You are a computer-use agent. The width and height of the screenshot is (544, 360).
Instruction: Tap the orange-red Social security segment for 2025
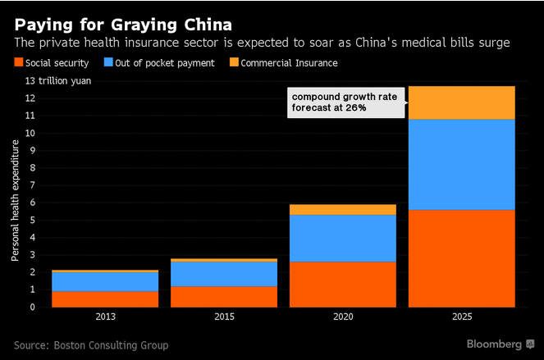(463, 258)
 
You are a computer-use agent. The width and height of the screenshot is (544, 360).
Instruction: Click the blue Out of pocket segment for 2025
(463, 164)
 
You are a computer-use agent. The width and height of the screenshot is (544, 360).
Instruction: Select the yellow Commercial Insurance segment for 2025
(463, 103)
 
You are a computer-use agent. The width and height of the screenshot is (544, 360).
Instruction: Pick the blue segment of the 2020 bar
(344, 238)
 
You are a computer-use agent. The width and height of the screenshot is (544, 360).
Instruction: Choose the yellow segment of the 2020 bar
(344, 209)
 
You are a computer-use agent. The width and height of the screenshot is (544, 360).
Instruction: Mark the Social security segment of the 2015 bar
(224, 297)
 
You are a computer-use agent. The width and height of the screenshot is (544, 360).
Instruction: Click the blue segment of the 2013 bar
(105, 281)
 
